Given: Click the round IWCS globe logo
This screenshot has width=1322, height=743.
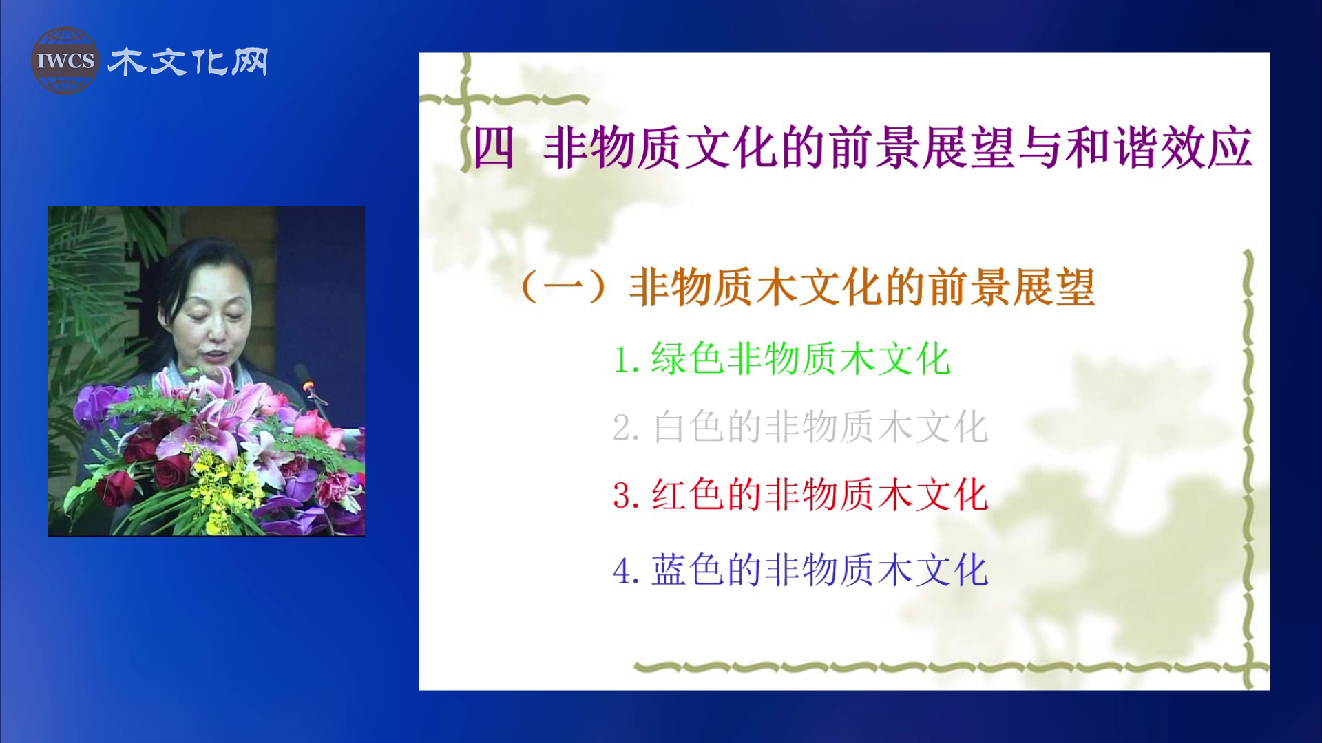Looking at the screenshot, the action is coord(65,61).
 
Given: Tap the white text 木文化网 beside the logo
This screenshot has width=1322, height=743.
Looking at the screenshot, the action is coord(188,63).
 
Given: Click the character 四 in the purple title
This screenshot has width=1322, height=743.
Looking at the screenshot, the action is coord(494,149).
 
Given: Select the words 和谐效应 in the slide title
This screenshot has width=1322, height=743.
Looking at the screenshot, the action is coord(1159,149).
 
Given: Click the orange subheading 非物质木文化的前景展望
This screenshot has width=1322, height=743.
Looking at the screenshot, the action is coord(861,288).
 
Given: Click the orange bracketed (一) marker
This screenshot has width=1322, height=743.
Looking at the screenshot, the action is coord(564,288).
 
